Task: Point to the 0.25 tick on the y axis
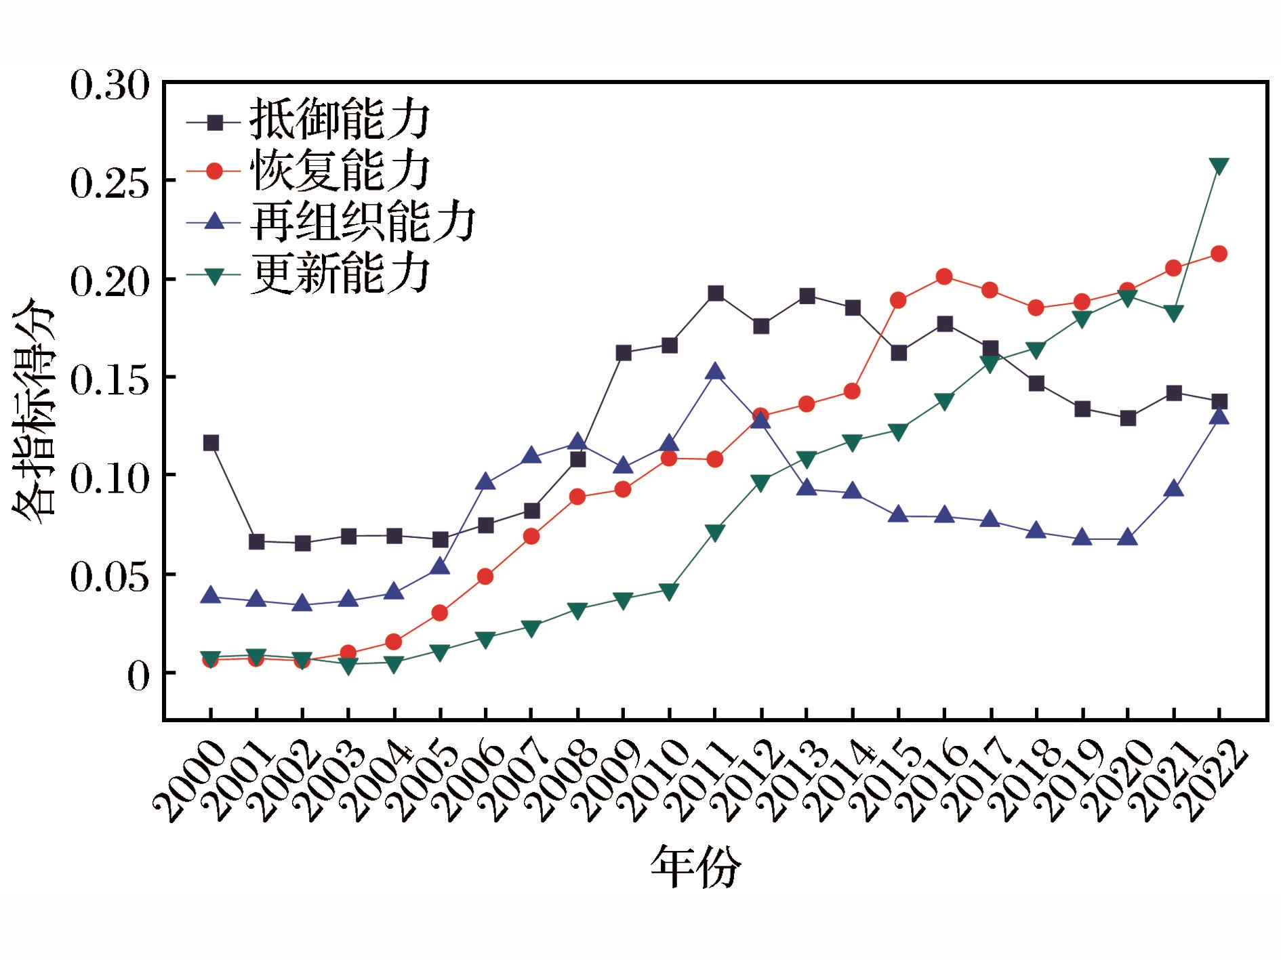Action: pyautogui.click(x=108, y=182)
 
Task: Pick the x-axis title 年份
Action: pyautogui.click(x=695, y=867)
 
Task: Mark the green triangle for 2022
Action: pyautogui.click(x=1219, y=166)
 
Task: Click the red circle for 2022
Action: pyautogui.click(x=1219, y=254)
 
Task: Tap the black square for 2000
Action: pyautogui.click(x=211, y=443)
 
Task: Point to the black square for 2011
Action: pyautogui.click(x=715, y=293)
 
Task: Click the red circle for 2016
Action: pyautogui.click(x=944, y=276)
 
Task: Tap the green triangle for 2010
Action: pyautogui.click(x=669, y=591)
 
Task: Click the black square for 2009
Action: pyautogui.click(x=624, y=353)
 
